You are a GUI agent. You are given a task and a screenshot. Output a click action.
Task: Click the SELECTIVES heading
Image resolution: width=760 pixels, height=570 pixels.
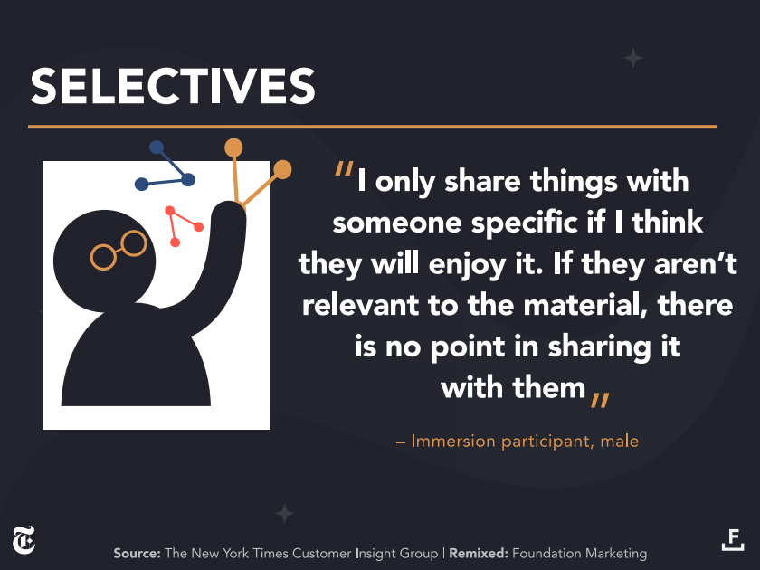pyautogui.click(x=173, y=86)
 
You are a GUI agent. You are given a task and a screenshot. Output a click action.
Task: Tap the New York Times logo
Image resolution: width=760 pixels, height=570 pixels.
pyautogui.click(x=24, y=540)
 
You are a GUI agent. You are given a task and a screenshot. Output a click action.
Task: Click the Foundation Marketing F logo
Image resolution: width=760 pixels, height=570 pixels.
pyautogui.click(x=733, y=539)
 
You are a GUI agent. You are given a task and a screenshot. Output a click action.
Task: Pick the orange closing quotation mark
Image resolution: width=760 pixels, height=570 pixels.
pyautogui.click(x=600, y=400)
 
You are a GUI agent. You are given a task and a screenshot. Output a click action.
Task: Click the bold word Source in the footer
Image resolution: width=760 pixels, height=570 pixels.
pyautogui.click(x=138, y=553)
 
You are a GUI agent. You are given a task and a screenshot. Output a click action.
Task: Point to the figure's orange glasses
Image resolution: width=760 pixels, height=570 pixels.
pyautogui.click(x=119, y=250)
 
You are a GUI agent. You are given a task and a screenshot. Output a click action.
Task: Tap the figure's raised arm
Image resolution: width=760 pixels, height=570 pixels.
pyautogui.click(x=221, y=261)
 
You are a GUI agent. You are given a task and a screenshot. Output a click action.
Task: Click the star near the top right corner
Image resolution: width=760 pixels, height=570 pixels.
pyautogui.click(x=633, y=58)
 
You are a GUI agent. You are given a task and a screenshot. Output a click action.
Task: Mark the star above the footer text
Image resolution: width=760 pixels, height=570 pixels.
pyautogui.click(x=284, y=513)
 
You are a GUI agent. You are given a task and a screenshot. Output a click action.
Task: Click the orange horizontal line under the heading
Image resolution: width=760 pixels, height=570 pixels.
pyautogui.click(x=372, y=127)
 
